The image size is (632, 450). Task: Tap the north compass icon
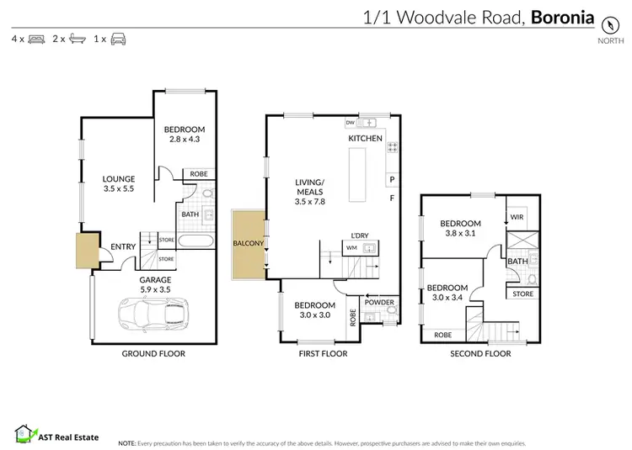(x=605, y=22)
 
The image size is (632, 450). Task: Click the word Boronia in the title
(x=562, y=17)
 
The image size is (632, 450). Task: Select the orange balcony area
(x=248, y=244)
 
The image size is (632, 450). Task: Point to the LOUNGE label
(x=119, y=179)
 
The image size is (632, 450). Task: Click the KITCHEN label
(x=365, y=139)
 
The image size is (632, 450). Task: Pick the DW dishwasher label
(x=350, y=123)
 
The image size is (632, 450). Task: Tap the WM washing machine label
(x=351, y=247)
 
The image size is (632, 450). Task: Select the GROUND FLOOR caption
(x=153, y=354)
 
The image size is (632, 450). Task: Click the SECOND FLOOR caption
(x=479, y=354)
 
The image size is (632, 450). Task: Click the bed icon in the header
(x=36, y=39)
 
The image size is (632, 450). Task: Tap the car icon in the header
(x=118, y=39)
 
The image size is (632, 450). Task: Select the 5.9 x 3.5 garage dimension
(x=155, y=289)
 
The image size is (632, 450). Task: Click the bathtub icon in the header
(x=77, y=39)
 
